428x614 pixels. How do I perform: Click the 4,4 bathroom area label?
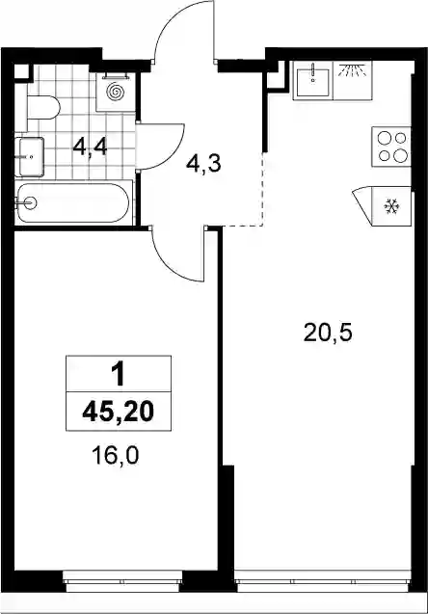(x=90, y=148)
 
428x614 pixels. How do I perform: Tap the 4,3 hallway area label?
(x=203, y=164)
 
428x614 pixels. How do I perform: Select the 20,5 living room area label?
(x=328, y=334)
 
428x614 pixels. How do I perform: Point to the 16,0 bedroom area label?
(x=115, y=456)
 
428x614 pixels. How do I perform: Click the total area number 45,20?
(x=119, y=412)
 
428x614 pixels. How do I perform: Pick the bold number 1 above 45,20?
(x=118, y=374)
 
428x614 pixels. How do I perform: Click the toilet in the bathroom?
(x=43, y=107)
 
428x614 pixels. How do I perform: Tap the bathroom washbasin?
(x=29, y=157)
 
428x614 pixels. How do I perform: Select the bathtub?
(x=73, y=202)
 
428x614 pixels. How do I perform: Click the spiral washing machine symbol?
(x=116, y=92)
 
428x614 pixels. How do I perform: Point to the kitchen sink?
(x=313, y=82)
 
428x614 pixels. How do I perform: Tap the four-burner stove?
(x=391, y=147)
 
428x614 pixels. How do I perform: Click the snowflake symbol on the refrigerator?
(x=391, y=206)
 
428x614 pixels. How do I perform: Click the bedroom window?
(x=123, y=579)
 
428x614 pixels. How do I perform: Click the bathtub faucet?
(x=27, y=202)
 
